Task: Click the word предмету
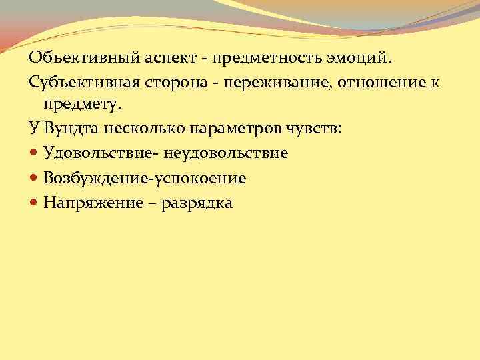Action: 83,105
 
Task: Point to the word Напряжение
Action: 93,203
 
